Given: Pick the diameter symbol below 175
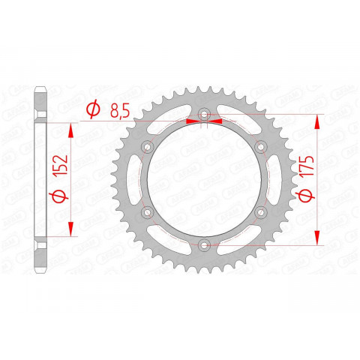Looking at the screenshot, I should (x=304, y=197).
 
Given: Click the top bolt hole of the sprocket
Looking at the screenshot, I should (x=203, y=115).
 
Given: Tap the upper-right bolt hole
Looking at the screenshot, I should (x=259, y=146).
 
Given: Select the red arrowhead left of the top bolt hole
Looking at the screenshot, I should (x=187, y=120).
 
